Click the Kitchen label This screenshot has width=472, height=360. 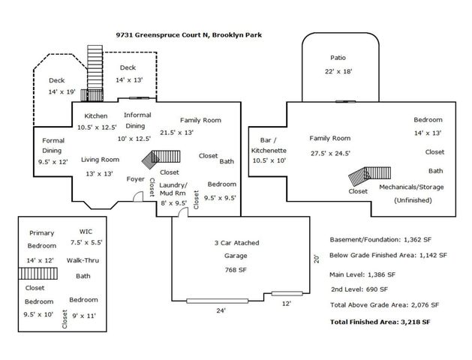pyautogui.click(x=95, y=115)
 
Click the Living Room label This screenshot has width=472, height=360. pyautogui.click(x=101, y=159)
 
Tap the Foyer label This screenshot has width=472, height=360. pyautogui.click(x=135, y=179)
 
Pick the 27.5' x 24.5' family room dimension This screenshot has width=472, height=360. pyautogui.click(x=330, y=152)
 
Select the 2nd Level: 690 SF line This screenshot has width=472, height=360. pyautogui.click(x=359, y=289)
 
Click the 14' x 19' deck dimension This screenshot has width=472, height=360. pyautogui.click(x=63, y=91)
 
